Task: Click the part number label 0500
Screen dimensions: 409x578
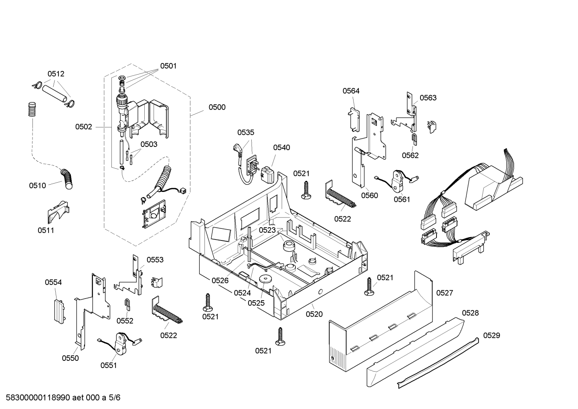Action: [x=217, y=107]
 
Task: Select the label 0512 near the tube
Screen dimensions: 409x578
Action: [x=56, y=74]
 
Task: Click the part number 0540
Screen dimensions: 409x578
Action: [x=281, y=147]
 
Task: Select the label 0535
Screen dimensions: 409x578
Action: [x=246, y=132]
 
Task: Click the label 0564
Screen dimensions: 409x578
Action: [x=351, y=91]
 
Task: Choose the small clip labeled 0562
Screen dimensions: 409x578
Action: [x=414, y=139]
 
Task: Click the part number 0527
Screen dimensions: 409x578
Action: [x=445, y=293]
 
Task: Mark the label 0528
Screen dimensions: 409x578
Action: [x=470, y=313]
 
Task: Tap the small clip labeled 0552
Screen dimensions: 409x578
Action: [x=127, y=305]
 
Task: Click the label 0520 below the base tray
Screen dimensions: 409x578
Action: [x=314, y=314]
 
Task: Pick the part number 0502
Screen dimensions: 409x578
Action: [x=83, y=127]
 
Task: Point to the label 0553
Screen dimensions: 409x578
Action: [x=155, y=260]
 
